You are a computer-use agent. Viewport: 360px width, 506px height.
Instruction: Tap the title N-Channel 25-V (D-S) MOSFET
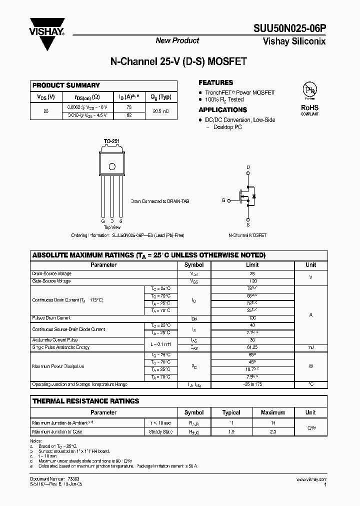[x=178, y=62]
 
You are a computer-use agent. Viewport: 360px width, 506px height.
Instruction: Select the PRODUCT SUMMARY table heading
[x=66, y=85]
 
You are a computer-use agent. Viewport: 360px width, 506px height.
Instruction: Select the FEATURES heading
[x=216, y=82]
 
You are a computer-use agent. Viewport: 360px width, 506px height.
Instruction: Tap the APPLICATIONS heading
[x=222, y=110]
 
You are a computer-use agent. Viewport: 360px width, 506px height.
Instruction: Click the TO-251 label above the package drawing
[x=111, y=141]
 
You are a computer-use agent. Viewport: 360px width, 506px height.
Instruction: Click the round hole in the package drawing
[x=112, y=166]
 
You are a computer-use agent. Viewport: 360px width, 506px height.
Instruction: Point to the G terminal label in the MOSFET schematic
[x=223, y=200]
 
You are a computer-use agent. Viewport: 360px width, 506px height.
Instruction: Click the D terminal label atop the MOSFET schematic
[x=248, y=167]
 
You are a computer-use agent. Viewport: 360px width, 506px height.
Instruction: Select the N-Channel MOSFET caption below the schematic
[x=247, y=235]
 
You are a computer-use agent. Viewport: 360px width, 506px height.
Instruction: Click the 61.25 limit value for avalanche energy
[x=252, y=347]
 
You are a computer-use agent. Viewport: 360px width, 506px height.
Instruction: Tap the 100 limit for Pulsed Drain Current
[x=252, y=318]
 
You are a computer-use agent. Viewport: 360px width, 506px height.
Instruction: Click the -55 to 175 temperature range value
[x=252, y=384]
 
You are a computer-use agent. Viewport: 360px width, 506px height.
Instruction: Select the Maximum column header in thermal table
[x=273, y=412]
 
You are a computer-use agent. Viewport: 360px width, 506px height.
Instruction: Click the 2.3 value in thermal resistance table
[x=273, y=431]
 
